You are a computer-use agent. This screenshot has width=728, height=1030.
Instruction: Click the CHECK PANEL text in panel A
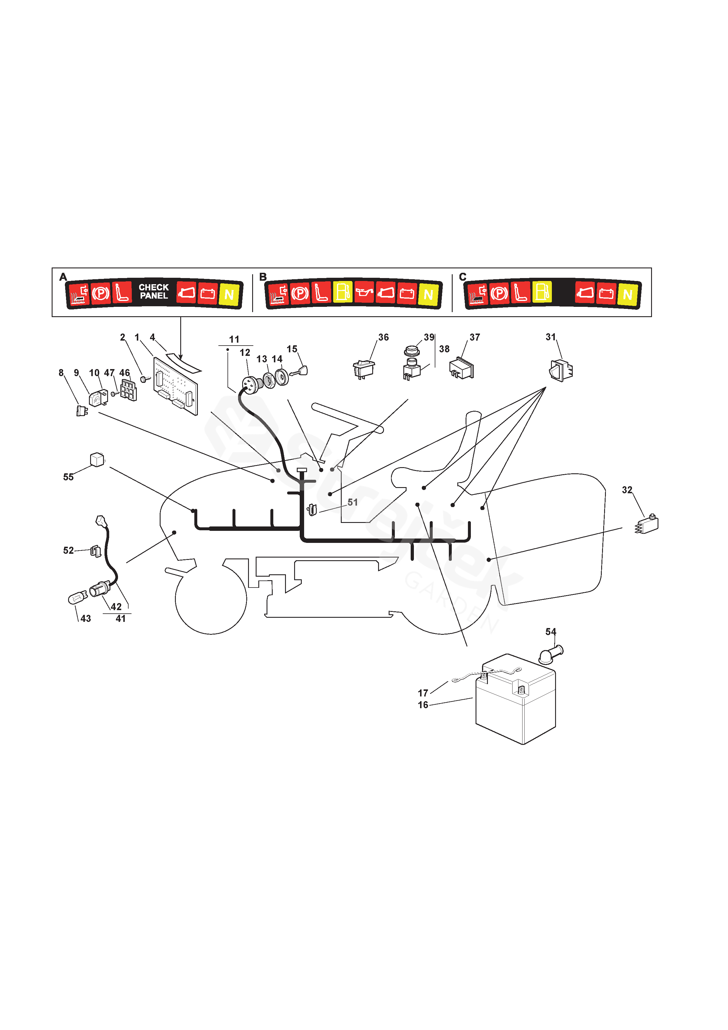[x=154, y=292]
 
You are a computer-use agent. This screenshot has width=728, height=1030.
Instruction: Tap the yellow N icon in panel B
[x=428, y=294]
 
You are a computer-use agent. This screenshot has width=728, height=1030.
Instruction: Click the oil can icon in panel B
[x=364, y=293]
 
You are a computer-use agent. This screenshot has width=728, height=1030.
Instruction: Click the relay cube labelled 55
[x=97, y=460]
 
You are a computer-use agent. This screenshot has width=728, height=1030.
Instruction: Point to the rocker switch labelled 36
[x=364, y=369]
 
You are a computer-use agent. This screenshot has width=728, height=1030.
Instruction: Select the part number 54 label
[x=550, y=632]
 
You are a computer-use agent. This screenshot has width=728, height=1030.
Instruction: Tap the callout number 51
[x=353, y=502]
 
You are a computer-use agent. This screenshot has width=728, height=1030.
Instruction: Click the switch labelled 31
[x=561, y=371]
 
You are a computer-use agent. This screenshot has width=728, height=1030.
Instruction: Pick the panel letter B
[x=263, y=277]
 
